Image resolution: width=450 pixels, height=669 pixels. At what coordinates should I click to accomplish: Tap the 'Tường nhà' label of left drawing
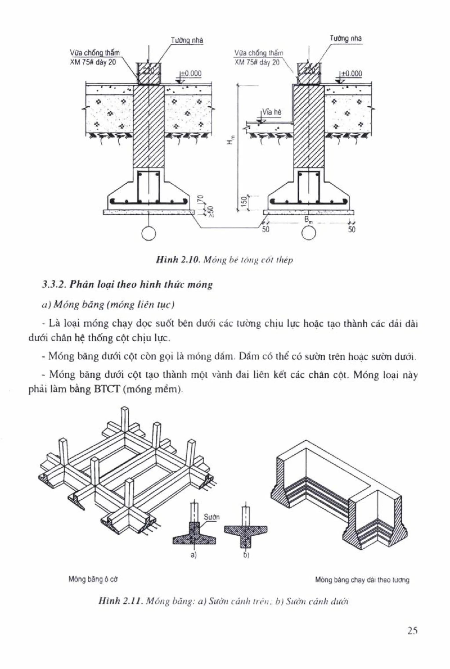[187, 40]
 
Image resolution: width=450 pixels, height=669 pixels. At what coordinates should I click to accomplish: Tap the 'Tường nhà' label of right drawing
[346, 38]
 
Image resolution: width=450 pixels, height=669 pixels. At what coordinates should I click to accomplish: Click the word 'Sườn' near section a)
[212, 517]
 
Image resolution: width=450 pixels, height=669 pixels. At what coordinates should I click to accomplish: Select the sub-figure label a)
[194, 555]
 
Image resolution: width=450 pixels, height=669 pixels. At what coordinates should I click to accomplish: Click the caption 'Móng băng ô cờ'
[93, 579]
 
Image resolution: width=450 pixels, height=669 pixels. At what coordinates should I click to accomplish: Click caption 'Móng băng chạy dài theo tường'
[362, 580]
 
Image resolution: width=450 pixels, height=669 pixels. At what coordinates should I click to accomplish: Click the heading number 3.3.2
[53, 285]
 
